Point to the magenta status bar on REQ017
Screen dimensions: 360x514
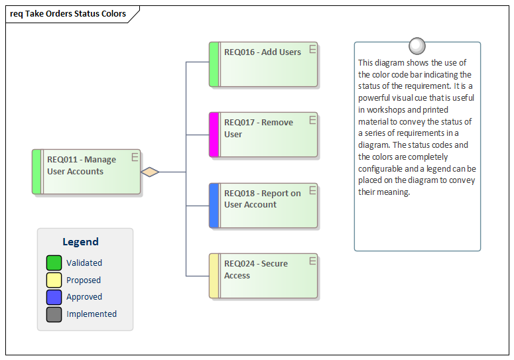click(214, 135)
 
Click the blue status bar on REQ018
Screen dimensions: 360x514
click(214, 206)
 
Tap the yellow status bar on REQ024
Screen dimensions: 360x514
click(214, 276)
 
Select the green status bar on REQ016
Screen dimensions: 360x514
click(214, 65)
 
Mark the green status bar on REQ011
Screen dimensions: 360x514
click(37, 172)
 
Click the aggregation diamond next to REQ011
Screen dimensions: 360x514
click(151, 172)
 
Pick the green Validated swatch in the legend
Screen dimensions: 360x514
click(54, 263)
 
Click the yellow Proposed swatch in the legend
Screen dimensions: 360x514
click(54, 280)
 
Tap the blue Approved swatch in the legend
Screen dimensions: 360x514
click(54, 297)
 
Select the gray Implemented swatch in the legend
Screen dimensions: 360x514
click(54, 314)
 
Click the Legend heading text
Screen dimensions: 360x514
click(80, 242)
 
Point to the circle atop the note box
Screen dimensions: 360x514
click(417, 46)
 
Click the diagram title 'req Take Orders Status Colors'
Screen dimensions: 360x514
click(68, 13)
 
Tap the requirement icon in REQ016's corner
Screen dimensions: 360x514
click(312, 48)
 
